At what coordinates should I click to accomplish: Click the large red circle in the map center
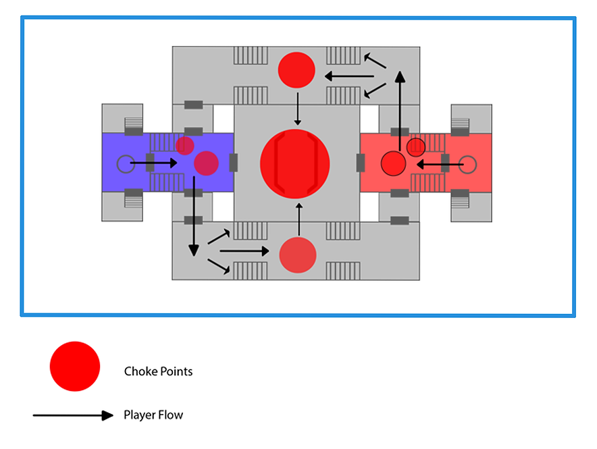point(295,164)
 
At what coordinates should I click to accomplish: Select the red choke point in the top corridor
point(297,70)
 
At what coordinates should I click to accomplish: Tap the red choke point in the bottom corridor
point(298,255)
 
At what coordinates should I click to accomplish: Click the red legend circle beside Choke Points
point(75,366)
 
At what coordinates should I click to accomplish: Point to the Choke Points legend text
point(158,371)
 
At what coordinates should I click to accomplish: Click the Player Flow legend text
point(153,415)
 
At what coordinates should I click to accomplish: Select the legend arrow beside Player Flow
point(73,415)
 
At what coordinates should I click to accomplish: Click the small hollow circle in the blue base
point(124,163)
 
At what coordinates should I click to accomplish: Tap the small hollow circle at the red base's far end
point(468,163)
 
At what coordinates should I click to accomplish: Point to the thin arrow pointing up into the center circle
point(298,219)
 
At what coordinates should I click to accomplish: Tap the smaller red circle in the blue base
point(185,145)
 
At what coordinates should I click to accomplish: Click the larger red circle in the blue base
point(206,163)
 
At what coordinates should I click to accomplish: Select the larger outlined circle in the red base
point(392,163)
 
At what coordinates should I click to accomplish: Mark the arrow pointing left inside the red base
point(439,163)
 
